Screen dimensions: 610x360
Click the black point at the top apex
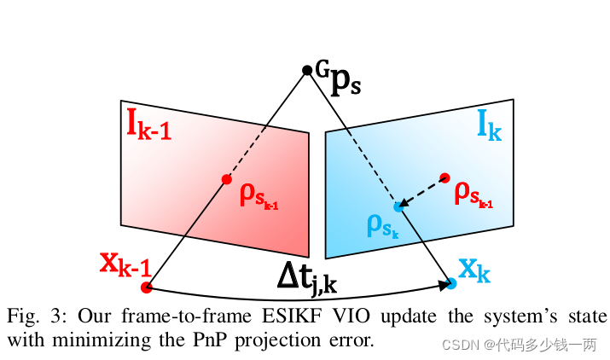tap(307, 70)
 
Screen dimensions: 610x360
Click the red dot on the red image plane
tap(226, 179)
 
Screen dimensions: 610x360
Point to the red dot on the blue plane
tap(444, 177)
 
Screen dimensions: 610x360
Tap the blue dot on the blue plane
tap(398, 206)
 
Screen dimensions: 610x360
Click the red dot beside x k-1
tap(146, 287)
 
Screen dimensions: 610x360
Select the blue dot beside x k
tap(450, 282)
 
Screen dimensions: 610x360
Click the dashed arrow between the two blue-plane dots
tap(421, 192)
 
